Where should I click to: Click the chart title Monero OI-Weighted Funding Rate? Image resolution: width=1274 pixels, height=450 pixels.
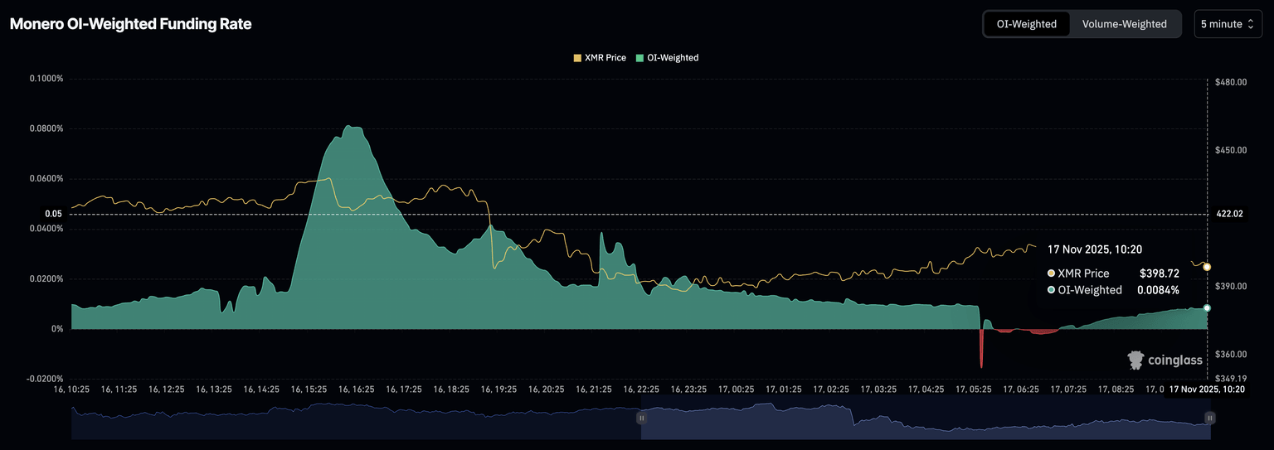pos(130,24)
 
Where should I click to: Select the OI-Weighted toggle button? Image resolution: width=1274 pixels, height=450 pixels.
pos(1026,24)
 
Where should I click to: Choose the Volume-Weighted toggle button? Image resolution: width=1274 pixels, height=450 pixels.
pos(1124,24)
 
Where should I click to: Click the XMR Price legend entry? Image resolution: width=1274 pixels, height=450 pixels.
pos(600,58)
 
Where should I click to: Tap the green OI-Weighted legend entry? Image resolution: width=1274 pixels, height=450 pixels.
pos(667,58)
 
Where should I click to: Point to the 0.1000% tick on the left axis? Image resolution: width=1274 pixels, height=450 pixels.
pos(46,79)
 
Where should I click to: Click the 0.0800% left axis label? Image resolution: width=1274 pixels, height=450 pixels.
pos(46,128)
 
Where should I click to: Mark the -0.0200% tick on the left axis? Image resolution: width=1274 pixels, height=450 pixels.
pos(46,379)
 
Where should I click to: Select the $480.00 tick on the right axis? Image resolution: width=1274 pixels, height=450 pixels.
pos(1231,82)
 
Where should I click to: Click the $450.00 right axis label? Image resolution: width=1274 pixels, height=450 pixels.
pos(1231,150)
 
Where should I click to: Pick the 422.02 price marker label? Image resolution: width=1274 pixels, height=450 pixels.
pos(1229,214)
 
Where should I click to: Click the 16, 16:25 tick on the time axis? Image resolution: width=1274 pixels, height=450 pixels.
pos(357,389)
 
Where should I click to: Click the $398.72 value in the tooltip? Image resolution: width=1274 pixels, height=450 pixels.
pos(1160,273)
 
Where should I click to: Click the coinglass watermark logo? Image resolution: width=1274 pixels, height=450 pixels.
pos(1165,360)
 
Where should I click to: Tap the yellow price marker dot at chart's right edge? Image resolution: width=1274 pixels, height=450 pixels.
pos(1207,267)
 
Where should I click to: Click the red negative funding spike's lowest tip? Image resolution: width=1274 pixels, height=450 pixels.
pos(981,367)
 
